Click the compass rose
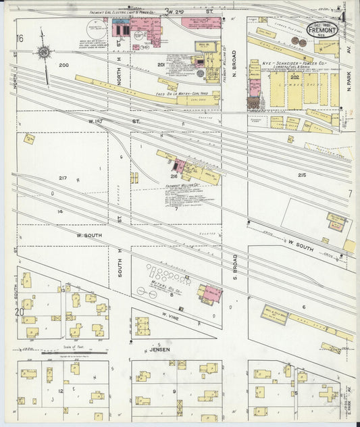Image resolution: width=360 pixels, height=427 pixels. [43, 51]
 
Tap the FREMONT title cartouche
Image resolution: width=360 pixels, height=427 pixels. [323, 30]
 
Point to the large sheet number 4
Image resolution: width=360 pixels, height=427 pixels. [343, 16]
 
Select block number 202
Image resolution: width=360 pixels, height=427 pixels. [294, 77]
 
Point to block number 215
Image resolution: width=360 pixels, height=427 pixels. [301, 175]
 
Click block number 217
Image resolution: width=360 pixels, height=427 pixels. [62, 178]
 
